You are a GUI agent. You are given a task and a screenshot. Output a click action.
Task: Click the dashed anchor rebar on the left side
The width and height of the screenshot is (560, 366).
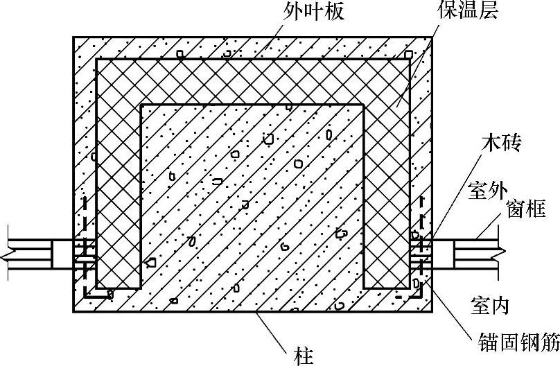point(85,243)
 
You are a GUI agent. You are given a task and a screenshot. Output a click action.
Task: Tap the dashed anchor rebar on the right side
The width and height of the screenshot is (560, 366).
point(422,243)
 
